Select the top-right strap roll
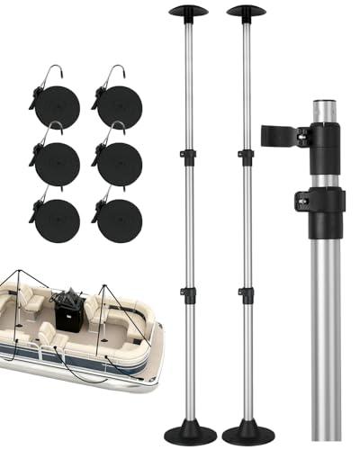[x=118, y=107]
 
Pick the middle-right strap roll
[x=118, y=164]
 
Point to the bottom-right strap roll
[x=118, y=220]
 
